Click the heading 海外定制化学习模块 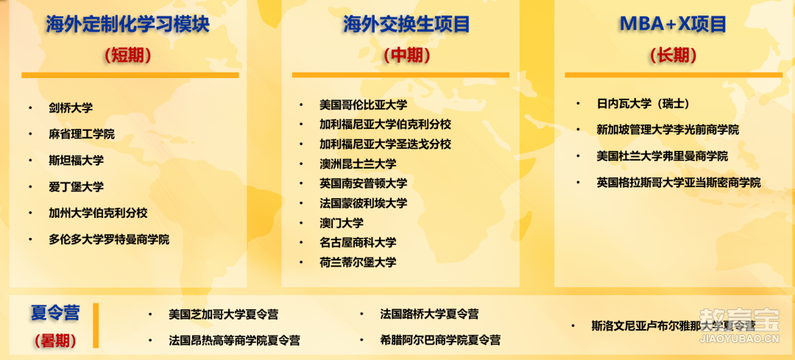tap(127, 24)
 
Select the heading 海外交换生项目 tap(406, 24)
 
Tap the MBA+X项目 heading tap(673, 24)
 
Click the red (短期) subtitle tap(128, 55)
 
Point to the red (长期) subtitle tap(674, 55)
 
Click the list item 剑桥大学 tap(71, 107)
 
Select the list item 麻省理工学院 tap(82, 134)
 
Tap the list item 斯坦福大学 tap(76, 160)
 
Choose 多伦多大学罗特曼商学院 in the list tap(109, 239)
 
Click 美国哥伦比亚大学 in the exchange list tap(363, 105)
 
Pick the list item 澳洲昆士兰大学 tap(358, 163)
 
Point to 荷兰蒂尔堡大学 tap(358, 262)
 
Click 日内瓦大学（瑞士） tap(643, 104)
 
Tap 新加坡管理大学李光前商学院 tap(668, 130)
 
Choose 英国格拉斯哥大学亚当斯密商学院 tap(679, 183)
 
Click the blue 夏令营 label tap(55, 313)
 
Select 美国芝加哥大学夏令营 tap(224, 314)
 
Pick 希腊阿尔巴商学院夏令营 tap(440, 339)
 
